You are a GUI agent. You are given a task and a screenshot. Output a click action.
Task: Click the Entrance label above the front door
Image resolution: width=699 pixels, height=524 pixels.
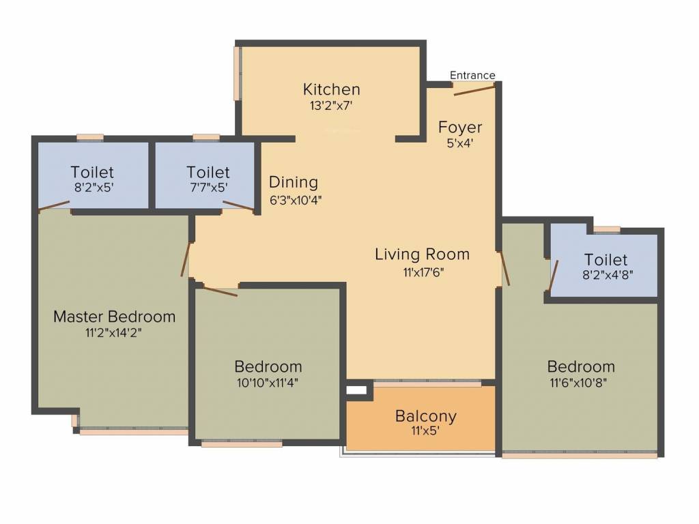click(472, 75)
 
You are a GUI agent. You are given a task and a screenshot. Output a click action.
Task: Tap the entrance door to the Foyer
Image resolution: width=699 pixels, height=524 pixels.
click(474, 89)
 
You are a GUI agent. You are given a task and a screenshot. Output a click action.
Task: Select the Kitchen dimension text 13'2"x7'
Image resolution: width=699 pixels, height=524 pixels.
click(331, 106)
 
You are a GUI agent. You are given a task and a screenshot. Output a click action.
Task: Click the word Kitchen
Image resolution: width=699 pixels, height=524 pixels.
click(331, 89)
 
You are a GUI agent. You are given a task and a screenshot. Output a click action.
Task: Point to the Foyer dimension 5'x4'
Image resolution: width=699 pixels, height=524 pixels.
click(460, 143)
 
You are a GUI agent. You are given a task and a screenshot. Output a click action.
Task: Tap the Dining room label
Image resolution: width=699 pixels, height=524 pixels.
click(294, 182)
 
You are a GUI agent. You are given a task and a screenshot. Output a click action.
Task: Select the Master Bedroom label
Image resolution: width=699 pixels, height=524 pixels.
click(114, 317)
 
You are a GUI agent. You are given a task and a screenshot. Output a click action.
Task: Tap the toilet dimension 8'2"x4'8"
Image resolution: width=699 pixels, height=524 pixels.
click(605, 275)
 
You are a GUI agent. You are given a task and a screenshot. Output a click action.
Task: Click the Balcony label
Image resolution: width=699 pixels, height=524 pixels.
click(426, 416)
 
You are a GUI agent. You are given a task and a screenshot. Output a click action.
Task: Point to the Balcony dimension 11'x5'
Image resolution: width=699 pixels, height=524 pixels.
click(426, 431)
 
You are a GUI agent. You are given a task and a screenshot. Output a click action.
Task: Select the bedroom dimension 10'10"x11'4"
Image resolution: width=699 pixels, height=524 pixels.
click(268, 383)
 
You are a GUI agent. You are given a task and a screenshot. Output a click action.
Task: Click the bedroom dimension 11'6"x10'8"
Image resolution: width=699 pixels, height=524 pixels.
click(581, 383)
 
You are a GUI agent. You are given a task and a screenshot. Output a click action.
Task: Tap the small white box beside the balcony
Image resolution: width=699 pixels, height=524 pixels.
click(356, 390)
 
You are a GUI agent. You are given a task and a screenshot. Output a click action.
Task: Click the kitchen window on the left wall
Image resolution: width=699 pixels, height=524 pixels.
click(238, 73)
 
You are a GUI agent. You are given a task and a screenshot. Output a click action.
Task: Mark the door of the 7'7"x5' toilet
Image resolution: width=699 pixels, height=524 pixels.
click(238, 207)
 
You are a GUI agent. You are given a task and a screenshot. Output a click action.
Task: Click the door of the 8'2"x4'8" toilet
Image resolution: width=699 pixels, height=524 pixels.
click(554, 275)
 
